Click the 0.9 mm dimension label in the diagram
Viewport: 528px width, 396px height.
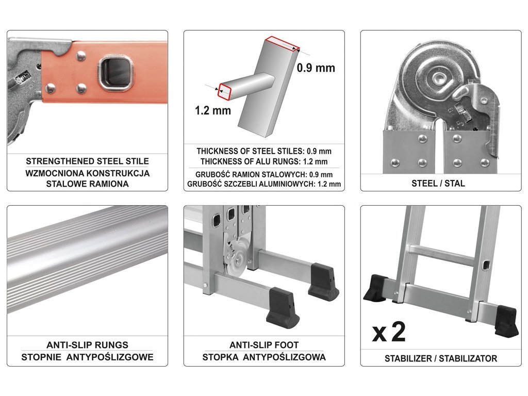[316, 68]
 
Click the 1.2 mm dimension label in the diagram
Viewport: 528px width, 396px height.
[213, 110]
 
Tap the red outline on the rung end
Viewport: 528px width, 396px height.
[225, 91]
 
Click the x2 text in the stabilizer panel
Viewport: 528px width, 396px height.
[389, 332]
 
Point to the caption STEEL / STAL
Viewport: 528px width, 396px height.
[438, 184]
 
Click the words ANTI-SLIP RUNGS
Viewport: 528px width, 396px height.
[87, 345]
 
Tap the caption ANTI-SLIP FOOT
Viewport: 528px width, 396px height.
[264, 345]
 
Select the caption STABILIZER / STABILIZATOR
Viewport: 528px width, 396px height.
[441, 358]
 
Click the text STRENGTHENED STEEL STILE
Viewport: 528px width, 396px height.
[87, 161]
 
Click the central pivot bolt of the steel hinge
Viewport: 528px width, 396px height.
[440, 78]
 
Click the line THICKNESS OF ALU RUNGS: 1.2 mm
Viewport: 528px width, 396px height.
[264, 161]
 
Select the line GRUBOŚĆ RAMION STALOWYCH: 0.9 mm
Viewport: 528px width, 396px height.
[264, 175]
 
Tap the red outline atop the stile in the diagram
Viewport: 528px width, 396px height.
[282, 44]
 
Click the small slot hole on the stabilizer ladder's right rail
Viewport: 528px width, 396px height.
[486, 266]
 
